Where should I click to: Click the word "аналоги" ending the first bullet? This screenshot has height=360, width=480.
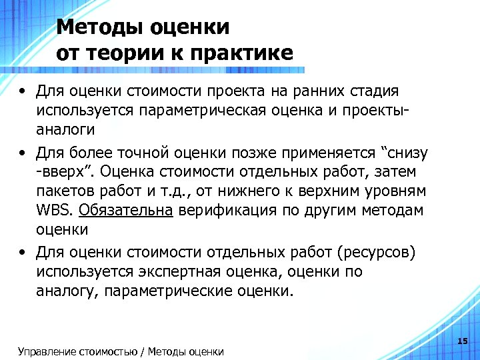[66, 128]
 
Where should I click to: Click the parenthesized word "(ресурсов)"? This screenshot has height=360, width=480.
[376, 253]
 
